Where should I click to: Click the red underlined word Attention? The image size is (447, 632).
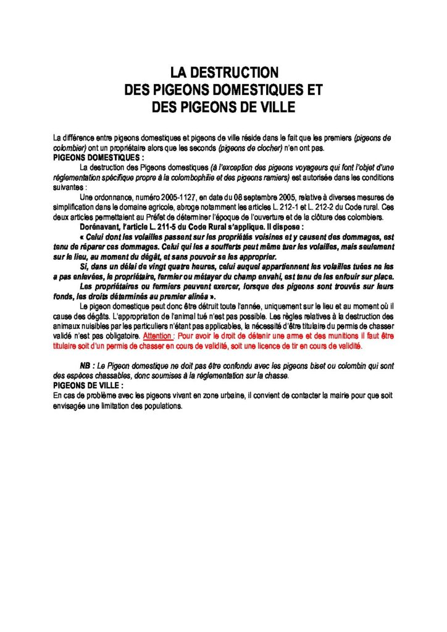click(157, 337)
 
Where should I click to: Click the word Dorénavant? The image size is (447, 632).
click(102, 227)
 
